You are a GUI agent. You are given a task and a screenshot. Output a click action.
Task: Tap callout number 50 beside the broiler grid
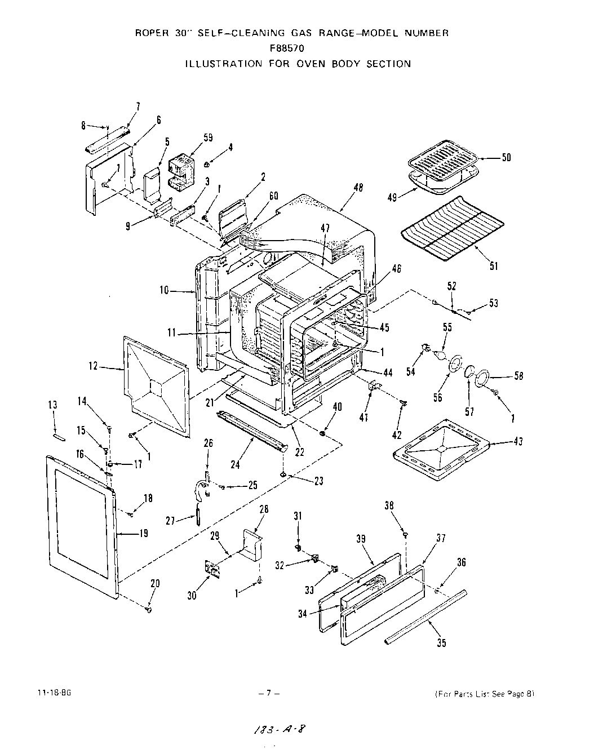pos(506,157)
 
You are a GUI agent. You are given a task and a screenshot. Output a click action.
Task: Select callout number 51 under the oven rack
pos(494,266)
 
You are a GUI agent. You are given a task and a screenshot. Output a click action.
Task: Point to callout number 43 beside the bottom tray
pos(518,442)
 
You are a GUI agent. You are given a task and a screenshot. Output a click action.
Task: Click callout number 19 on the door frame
pos(144,533)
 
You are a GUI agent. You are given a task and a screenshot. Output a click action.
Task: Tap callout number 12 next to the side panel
pos(93,367)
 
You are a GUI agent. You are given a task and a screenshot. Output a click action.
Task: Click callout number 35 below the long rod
pos(441,643)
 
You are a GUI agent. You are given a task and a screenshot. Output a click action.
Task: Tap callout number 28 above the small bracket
pos(263,509)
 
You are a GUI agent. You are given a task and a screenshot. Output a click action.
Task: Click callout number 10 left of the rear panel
pos(164,290)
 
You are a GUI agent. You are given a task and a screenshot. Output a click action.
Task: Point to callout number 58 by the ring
pos(518,376)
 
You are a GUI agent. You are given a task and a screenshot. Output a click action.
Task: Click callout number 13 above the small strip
pos(53,405)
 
